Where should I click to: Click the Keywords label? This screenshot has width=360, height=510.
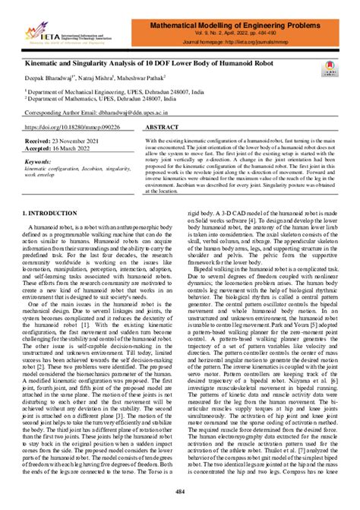tap(39, 162)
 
